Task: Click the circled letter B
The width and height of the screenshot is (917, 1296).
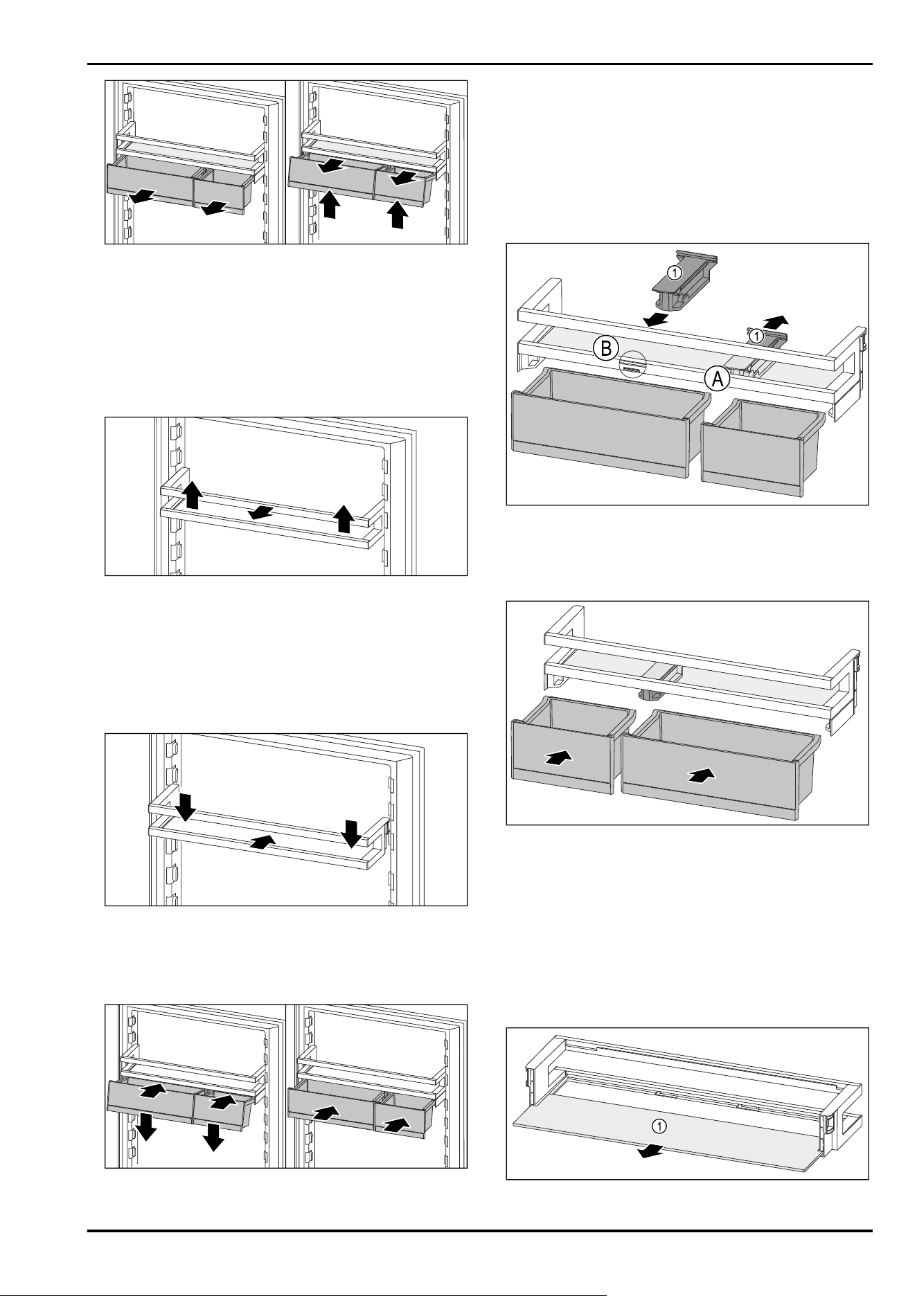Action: pyautogui.click(x=605, y=349)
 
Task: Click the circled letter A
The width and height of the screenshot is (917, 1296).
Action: pyautogui.click(x=718, y=378)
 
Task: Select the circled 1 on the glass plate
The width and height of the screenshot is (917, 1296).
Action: pyautogui.click(x=661, y=1126)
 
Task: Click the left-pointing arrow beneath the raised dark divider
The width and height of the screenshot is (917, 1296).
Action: pyautogui.click(x=655, y=319)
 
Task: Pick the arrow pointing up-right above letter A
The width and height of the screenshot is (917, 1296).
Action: pyautogui.click(x=775, y=321)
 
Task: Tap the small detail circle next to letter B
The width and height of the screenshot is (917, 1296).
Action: pyautogui.click(x=631, y=363)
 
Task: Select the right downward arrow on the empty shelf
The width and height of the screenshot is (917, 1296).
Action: pyautogui.click(x=352, y=834)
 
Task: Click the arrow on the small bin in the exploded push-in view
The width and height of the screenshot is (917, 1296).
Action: pyautogui.click(x=560, y=757)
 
